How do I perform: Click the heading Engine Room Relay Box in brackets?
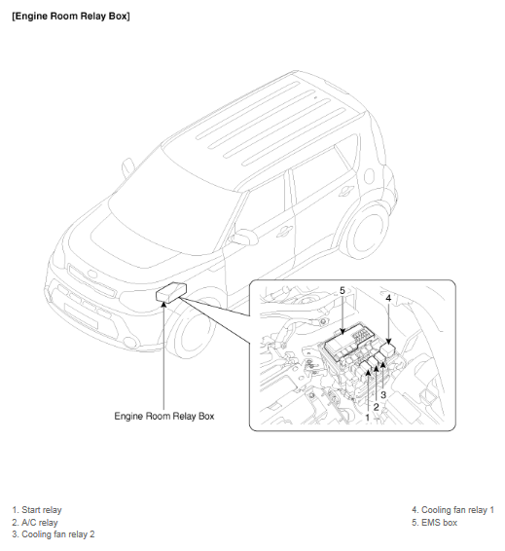pyautogui.click(x=71, y=17)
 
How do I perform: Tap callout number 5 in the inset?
pyautogui.click(x=343, y=291)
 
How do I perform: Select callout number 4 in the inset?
pyautogui.click(x=388, y=298)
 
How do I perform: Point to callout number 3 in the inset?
pyautogui.click(x=383, y=394)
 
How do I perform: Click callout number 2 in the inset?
pyautogui.click(x=376, y=407)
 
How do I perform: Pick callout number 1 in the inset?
pyautogui.click(x=368, y=418)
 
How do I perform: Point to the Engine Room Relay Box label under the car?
pyautogui.click(x=164, y=416)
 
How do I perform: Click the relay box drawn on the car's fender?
pyautogui.click(x=171, y=292)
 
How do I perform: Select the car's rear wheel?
pyautogui.click(x=366, y=232)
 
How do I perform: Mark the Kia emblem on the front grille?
pyautogui.click(x=92, y=275)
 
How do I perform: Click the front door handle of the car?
pyautogui.click(x=284, y=231)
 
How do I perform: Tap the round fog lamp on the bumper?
pyautogui.click(x=130, y=343)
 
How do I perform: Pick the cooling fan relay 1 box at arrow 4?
pyautogui.click(x=387, y=349)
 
